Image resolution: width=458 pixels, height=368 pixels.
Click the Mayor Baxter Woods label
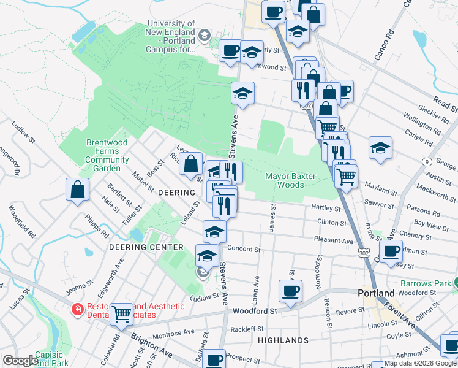point(290,180)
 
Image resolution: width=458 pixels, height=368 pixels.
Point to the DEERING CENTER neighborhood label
point(146,247)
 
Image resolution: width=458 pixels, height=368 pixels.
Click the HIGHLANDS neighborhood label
point(283,340)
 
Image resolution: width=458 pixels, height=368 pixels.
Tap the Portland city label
point(377,294)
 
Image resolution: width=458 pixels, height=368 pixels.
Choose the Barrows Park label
point(425,283)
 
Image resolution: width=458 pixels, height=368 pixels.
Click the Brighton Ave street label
point(151,345)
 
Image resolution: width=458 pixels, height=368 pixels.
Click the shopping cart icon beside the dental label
point(122,315)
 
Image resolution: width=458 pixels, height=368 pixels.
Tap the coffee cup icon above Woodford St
point(291,291)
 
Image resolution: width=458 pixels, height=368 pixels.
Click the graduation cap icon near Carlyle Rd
point(380,148)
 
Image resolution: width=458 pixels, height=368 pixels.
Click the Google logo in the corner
point(20,361)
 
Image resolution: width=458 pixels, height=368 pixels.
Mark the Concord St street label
point(244,250)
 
